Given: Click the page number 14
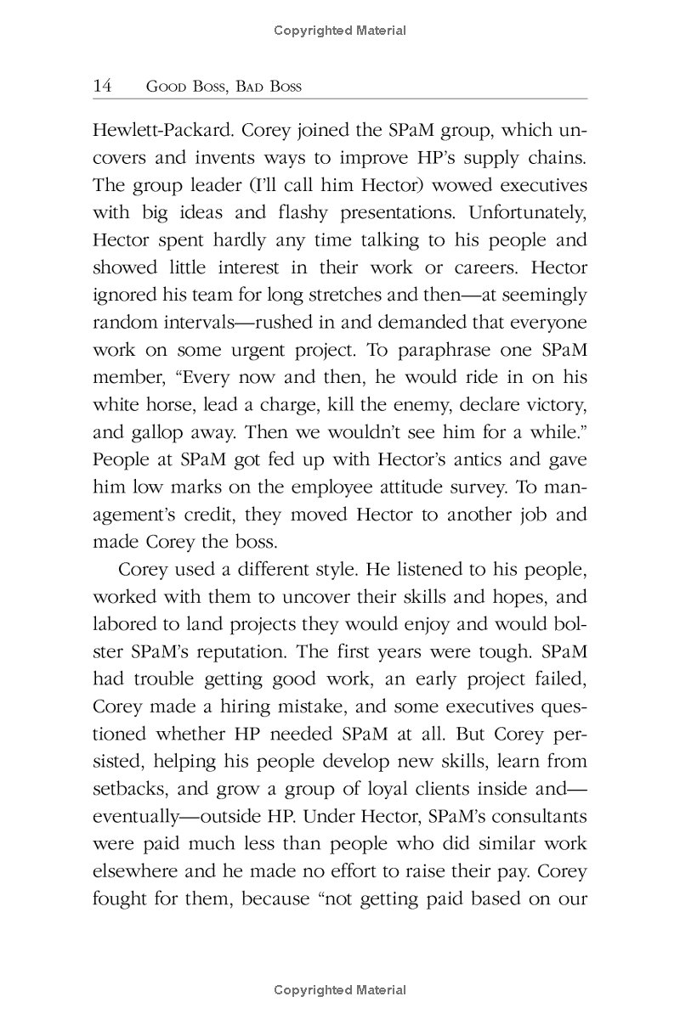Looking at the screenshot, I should [x=101, y=87].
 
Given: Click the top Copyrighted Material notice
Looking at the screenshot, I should [x=340, y=31].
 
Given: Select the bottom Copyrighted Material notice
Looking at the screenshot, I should [x=340, y=990].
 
